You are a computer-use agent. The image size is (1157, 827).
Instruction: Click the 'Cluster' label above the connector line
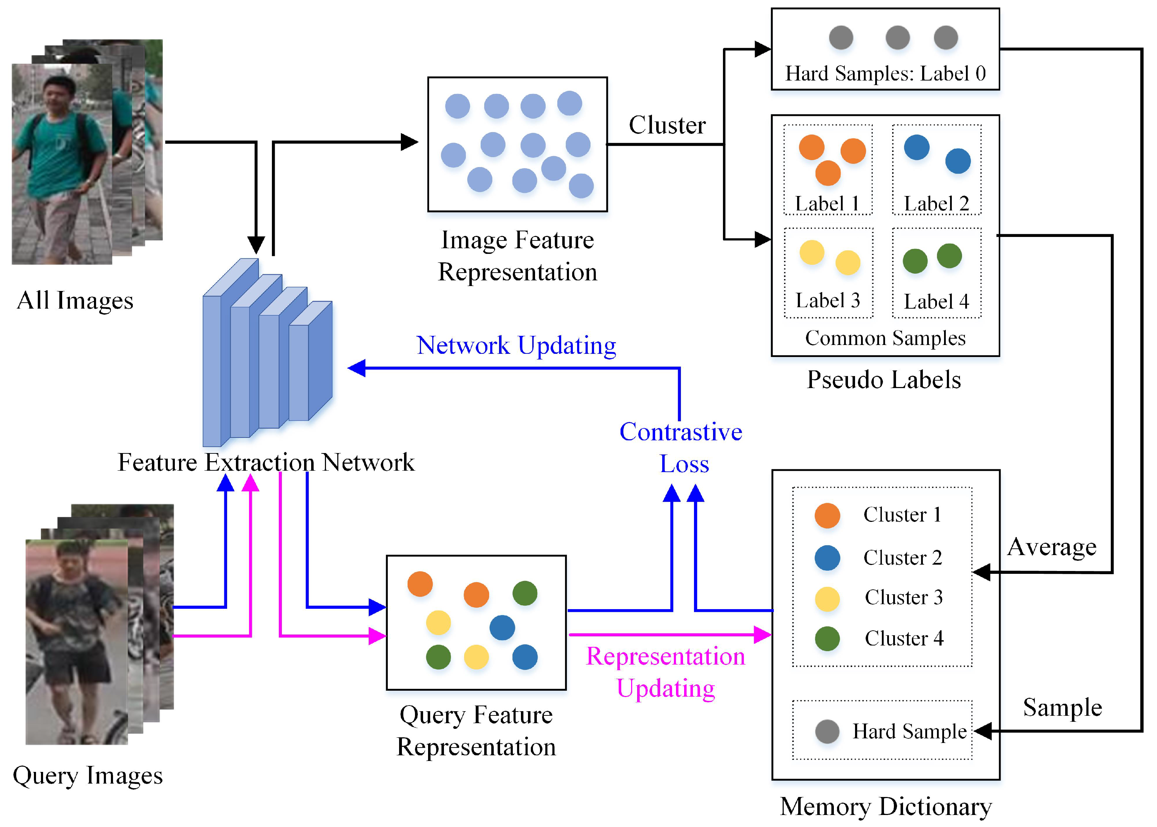[667, 125]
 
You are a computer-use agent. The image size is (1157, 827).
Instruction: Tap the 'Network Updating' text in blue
[516, 346]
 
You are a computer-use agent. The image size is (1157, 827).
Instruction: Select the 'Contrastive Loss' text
[681, 448]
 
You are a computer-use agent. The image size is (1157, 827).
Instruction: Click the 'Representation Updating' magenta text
[666, 672]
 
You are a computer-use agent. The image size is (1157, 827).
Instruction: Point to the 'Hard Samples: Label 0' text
[885, 73]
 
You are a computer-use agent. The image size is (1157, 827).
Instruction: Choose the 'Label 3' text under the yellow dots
[828, 301]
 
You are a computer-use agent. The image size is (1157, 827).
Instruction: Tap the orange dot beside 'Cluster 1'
[827, 515]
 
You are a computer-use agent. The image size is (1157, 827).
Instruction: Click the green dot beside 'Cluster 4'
[827, 638]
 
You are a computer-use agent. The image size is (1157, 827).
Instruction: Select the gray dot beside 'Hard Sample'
[827, 732]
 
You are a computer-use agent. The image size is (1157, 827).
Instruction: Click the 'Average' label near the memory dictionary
[1052, 547]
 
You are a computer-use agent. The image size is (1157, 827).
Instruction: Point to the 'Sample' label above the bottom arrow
[1063, 707]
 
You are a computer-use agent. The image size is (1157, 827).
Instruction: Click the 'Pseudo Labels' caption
[884, 380]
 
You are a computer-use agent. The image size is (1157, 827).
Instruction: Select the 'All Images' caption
[75, 301]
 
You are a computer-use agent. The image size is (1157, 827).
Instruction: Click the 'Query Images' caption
[88, 775]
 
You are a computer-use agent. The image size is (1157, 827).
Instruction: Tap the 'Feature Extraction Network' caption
[266, 462]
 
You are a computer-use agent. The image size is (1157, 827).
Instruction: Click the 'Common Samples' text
[885, 338]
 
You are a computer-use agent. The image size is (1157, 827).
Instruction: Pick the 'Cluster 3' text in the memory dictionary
[904, 597]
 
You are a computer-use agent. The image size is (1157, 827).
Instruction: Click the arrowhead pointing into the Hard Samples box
[763, 49]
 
